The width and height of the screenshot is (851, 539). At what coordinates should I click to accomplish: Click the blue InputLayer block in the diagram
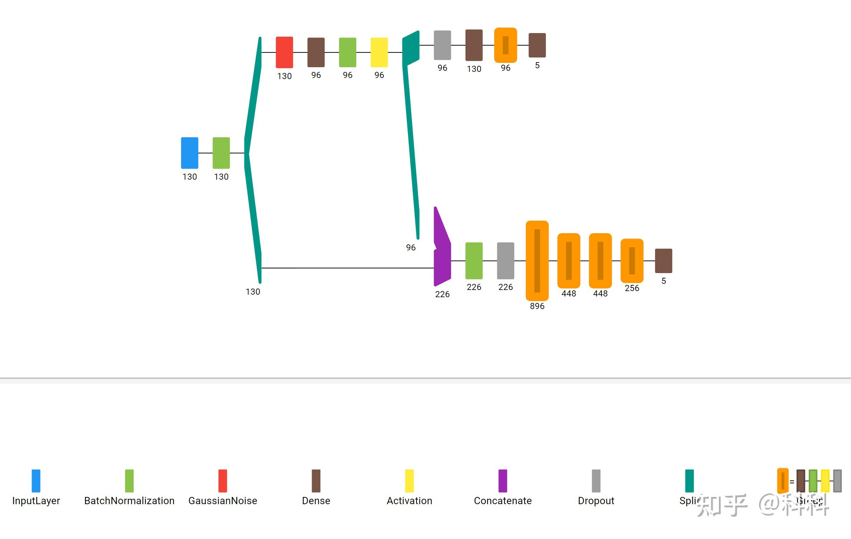(190, 153)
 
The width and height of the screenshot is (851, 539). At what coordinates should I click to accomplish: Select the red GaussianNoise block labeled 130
(284, 52)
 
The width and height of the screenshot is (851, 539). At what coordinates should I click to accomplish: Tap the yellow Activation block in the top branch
(379, 52)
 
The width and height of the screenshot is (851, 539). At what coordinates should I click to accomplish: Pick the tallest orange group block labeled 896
(537, 261)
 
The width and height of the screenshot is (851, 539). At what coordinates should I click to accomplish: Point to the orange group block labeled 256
(632, 261)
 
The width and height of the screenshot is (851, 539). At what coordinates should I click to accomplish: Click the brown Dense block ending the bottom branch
(664, 261)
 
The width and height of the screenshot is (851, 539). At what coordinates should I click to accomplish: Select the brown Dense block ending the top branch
(537, 45)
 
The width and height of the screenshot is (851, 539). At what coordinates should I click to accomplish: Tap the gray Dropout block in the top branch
(442, 45)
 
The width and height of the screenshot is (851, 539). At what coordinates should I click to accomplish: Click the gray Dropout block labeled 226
(506, 261)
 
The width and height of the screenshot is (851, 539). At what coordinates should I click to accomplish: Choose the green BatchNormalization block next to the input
(221, 153)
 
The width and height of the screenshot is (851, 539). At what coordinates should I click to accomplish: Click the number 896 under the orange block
(537, 306)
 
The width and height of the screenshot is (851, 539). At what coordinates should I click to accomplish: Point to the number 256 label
(632, 288)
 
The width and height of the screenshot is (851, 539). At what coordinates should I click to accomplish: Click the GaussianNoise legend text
(223, 501)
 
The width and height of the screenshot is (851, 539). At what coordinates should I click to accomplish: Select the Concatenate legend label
(503, 501)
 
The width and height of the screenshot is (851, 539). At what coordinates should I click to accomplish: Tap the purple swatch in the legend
(503, 481)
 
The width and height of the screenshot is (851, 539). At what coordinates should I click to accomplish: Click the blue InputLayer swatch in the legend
(36, 481)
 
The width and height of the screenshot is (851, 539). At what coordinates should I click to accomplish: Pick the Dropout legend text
(596, 501)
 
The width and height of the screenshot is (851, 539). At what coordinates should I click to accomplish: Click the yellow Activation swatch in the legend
(409, 481)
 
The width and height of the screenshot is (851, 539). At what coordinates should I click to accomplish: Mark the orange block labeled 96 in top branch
(506, 45)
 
